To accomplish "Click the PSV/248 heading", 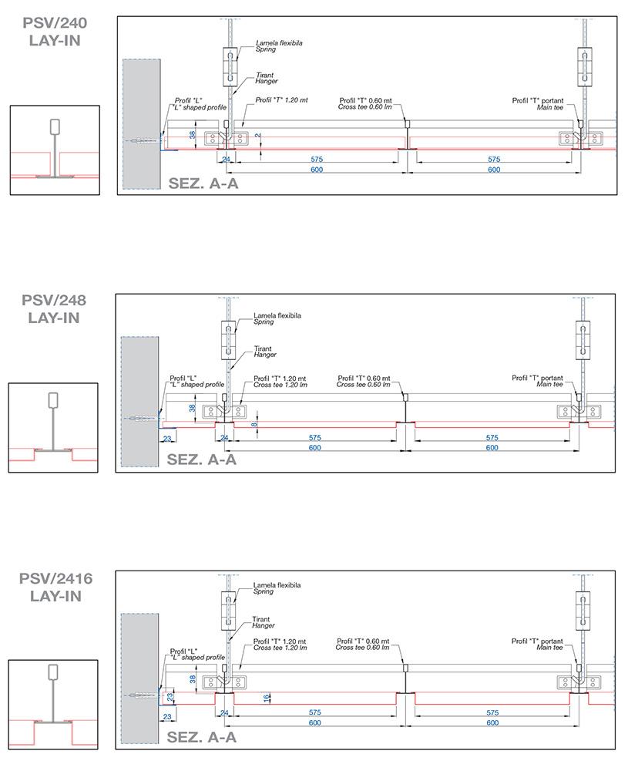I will coord(54,300).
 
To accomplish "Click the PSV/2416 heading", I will coord(54,578).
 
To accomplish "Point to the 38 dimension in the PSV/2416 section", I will coord(191,679).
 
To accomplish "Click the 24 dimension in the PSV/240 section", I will coord(225,160).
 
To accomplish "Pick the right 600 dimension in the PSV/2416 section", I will coord(492,723).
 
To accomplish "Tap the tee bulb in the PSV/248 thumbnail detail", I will coord(54,401).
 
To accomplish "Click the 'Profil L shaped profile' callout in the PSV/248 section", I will coord(196,382).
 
